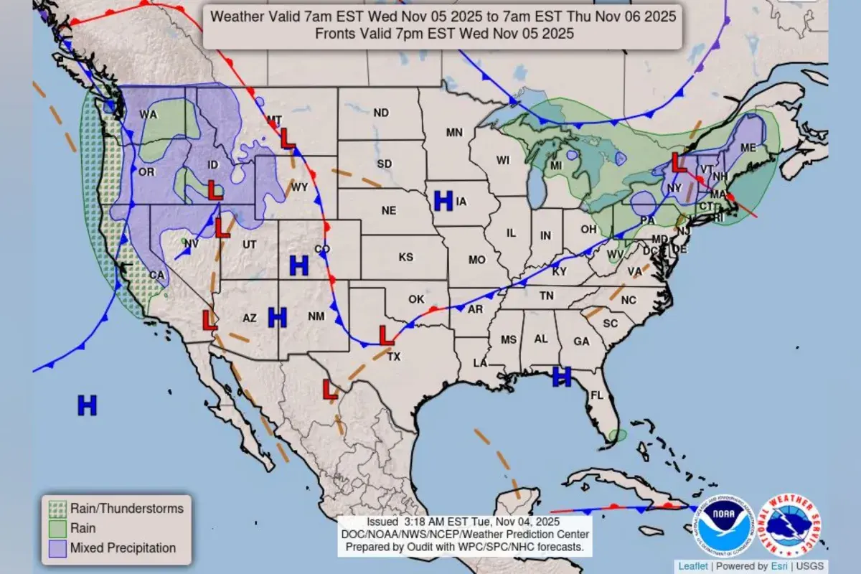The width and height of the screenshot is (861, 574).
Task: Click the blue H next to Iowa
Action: tap(443, 201)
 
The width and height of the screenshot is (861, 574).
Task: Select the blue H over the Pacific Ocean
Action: tap(87, 405)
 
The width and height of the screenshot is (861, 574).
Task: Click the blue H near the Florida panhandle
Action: tap(561, 376)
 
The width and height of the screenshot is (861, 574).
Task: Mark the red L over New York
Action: tap(678, 161)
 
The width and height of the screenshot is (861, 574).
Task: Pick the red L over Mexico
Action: tap(330, 390)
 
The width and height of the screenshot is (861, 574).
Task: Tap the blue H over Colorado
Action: tap(298, 265)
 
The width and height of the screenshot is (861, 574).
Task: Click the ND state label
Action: tap(381, 113)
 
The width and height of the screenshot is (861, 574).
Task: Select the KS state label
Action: tap(406, 257)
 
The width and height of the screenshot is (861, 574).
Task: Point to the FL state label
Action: tap(597, 395)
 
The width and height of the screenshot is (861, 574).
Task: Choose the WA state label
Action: tap(149, 115)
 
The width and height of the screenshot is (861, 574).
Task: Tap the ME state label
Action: tap(748, 147)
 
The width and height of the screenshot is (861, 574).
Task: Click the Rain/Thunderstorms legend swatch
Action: tap(57, 509)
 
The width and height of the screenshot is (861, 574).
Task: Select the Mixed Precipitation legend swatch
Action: tap(57, 548)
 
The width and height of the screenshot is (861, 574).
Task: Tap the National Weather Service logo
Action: tap(789, 527)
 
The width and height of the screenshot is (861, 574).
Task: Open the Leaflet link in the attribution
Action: tap(692, 565)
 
